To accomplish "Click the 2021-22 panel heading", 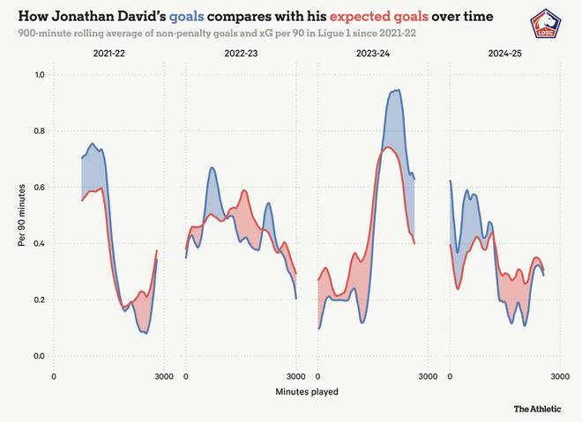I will pos(108,55).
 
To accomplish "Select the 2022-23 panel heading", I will pos(241,55).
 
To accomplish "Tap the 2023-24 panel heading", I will pos(372,55).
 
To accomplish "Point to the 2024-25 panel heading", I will pos(504,55).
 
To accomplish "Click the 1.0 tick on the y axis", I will pos(38,75).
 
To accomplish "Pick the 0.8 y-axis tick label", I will pos(38,131).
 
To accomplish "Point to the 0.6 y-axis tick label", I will pos(38,188).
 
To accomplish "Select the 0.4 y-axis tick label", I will pos(38,243).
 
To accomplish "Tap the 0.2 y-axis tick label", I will pos(38,300).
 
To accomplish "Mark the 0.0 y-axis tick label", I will pos(38,356).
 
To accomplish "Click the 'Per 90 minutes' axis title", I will pos(20,216).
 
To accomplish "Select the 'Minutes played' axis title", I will pos(306,390).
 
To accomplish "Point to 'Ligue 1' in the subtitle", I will pos(337,33).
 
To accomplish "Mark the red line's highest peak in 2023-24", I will pos(389,147).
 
